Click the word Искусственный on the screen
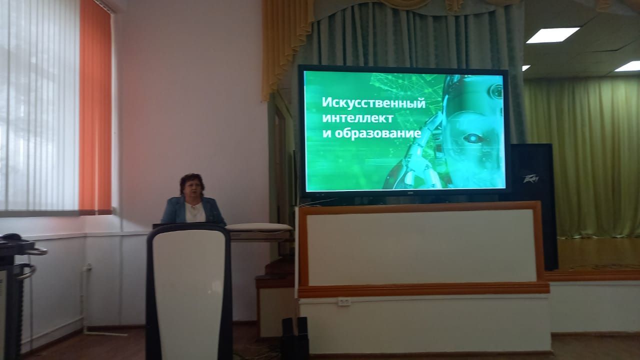point(373,103)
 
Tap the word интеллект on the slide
point(357,118)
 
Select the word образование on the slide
point(377,133)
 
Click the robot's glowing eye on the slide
point(473,139)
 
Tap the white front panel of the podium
point(188,291)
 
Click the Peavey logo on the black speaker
point(530,179)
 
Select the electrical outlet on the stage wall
point(343,302)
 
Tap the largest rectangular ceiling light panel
point(552,35)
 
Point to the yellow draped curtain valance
point(283,43)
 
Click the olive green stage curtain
point(583,157)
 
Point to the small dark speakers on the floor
point(294,337)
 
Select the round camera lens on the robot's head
point(496,91)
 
